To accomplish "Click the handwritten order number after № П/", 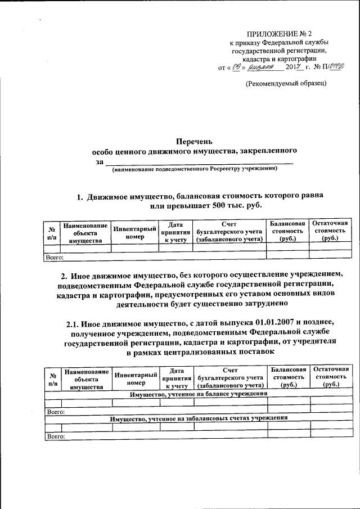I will pyautogui.click(x=336, y=67).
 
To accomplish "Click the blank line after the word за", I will pyautogui.click(x=203, y=162).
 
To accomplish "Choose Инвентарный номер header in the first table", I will pyautogui.click(x=134, y=233).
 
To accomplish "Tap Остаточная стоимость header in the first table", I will pyautogui.click(x=330, y=231).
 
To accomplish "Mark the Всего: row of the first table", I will pyautogui.click(x=55, y=258).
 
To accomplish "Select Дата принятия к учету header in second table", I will pyautogui.click(x=176, y=379).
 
